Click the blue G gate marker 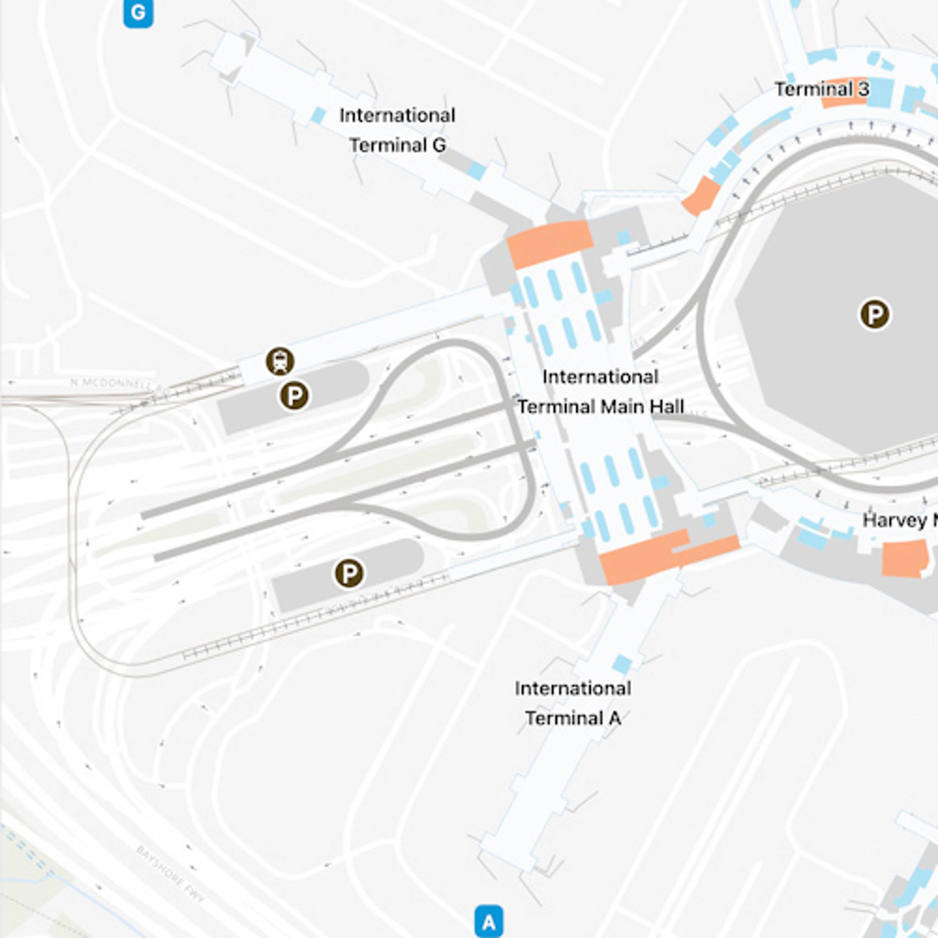tap(138, 13)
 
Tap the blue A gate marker tap(488, 921)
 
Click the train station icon tap(280, 361)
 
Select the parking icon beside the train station tap(294, 396)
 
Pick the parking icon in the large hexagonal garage tap(875, 315)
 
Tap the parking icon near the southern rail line tap(349, 573)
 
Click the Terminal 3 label tap(822, 89)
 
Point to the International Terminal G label tap(397, 130)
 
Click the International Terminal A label tap(573, 703)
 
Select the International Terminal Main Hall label tap(600, 392)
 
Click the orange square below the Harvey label tap(904, 559)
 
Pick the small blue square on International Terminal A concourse tap(622, 664)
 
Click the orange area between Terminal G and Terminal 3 tap(701, 196)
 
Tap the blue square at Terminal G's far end tap(318, 115)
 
